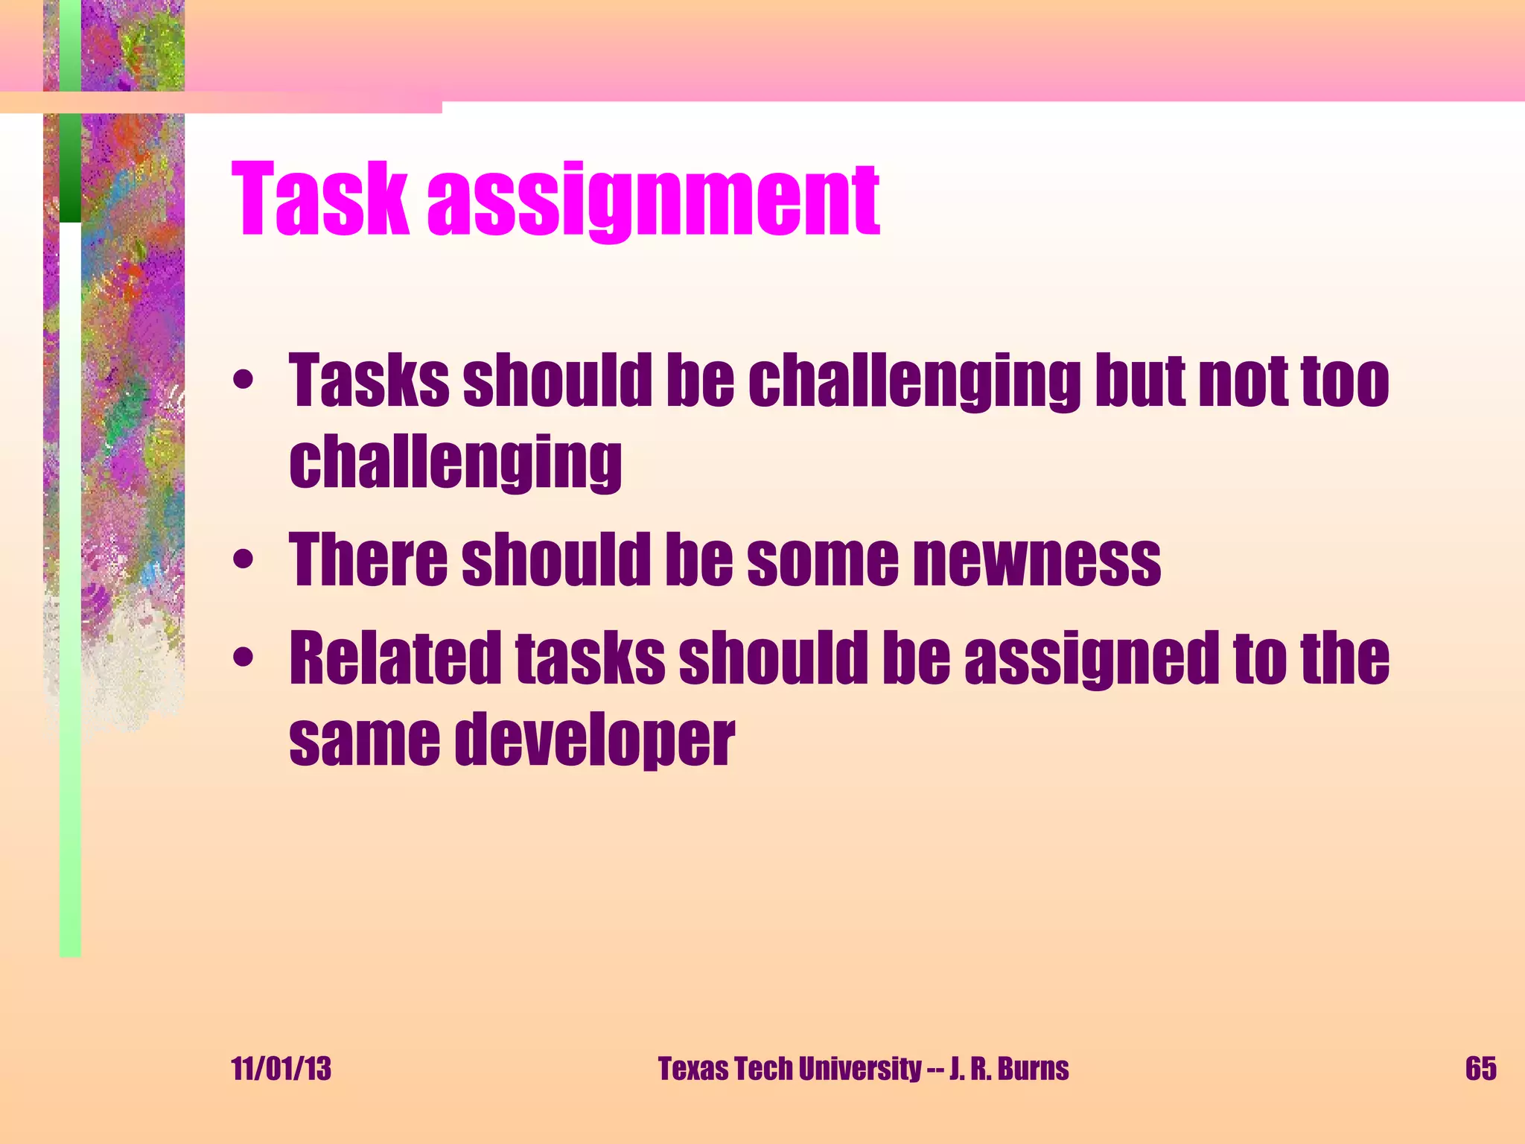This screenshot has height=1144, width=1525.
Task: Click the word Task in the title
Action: (319, 200)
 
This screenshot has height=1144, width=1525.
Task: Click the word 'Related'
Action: (395, 657)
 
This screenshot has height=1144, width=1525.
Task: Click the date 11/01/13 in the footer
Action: (281, 1069)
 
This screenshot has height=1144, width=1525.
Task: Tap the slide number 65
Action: (1480, 1069)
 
